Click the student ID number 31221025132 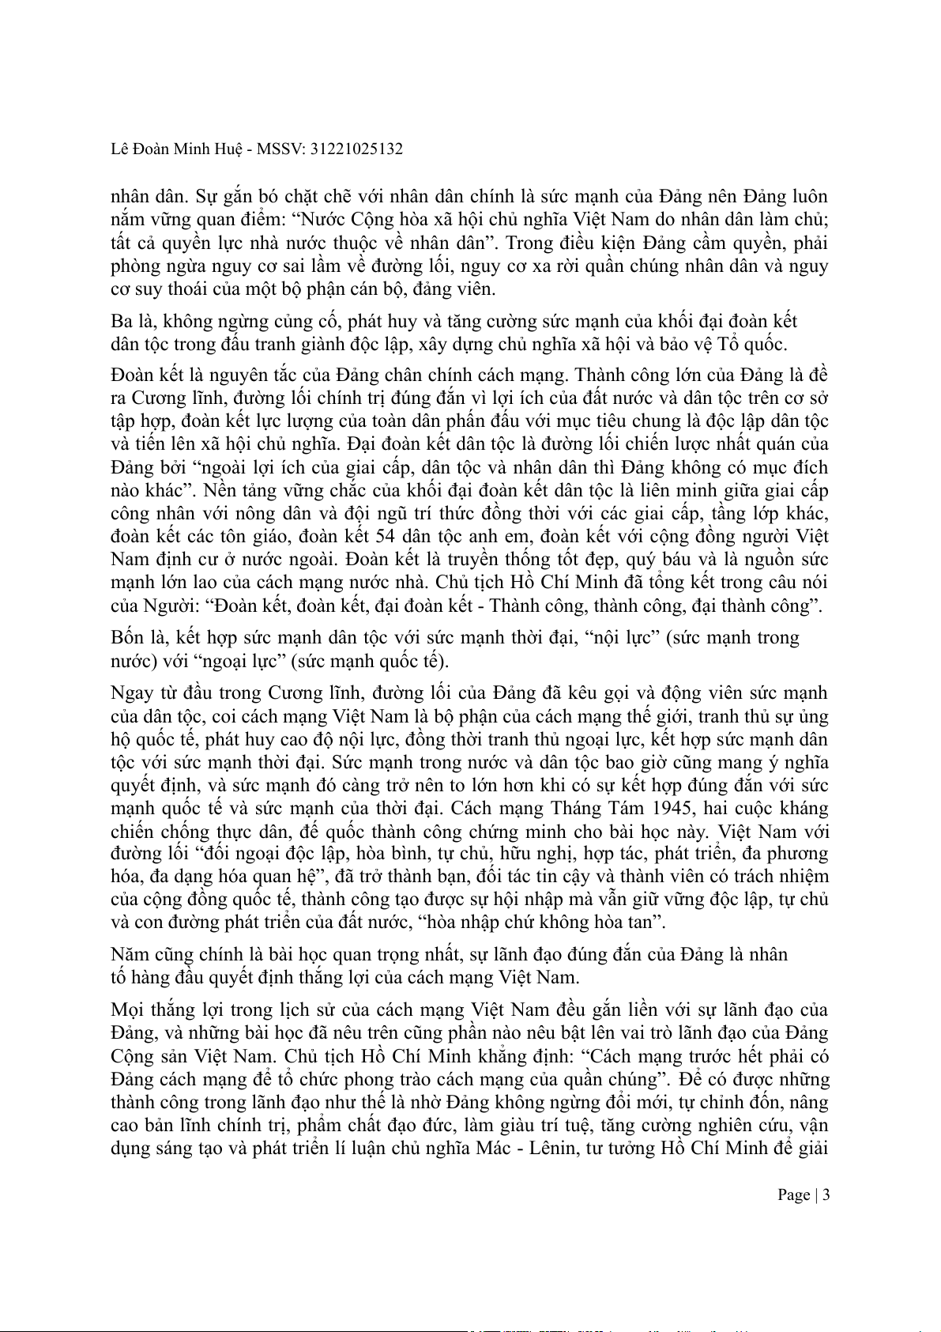coord(356,149)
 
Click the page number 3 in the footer coord(826,1194)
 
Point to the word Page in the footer coord(793,1194)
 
